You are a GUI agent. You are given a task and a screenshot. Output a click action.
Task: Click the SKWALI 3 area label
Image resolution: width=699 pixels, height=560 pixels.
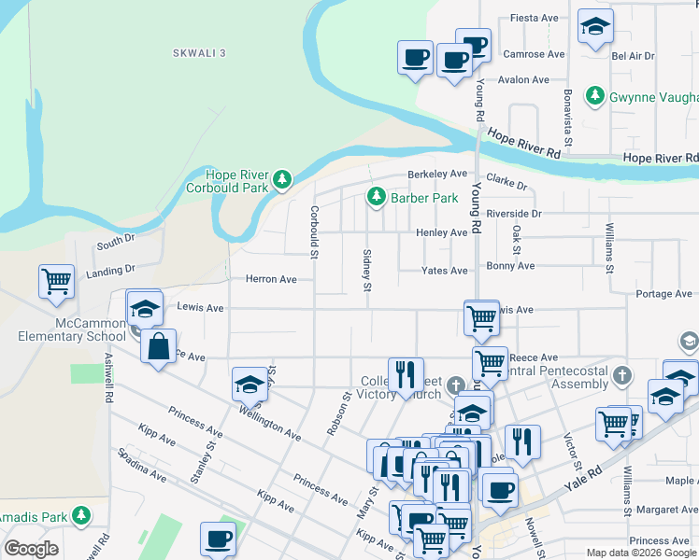click(x=199, y=54)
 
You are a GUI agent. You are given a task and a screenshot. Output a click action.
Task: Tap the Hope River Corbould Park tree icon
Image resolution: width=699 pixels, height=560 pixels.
click(x=281, y=177)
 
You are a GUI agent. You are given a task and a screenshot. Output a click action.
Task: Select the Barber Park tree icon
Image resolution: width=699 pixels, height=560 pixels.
click(x=376, y=197)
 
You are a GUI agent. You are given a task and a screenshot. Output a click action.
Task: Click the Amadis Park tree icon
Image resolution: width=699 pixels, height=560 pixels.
click(x=82, y=515)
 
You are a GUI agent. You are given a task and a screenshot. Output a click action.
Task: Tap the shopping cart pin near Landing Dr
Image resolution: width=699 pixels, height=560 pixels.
click(x=56, y=280)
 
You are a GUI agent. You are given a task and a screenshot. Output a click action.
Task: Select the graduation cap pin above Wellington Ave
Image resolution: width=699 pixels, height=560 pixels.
click(x=250, y=385)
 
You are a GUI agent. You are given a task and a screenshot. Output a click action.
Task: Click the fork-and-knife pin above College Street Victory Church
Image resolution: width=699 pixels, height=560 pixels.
click(x=406, y=374)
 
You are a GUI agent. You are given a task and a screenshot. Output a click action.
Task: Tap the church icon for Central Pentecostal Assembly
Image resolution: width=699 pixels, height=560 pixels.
click(x=624, y=374)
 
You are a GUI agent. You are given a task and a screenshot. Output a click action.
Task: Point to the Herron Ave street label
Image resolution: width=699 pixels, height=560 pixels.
click(x=270, y=279)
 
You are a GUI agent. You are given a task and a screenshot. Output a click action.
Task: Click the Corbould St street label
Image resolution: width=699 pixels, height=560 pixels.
click(x=315, y=231)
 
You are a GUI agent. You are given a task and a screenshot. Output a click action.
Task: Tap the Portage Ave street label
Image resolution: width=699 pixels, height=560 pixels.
click(x=663, y=294)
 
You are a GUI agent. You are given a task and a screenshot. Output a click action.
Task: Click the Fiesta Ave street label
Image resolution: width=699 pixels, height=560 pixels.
click(x=535, y=18)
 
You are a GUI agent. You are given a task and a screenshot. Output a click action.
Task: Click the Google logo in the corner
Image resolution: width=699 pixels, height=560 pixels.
click(x=31, y=549)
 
